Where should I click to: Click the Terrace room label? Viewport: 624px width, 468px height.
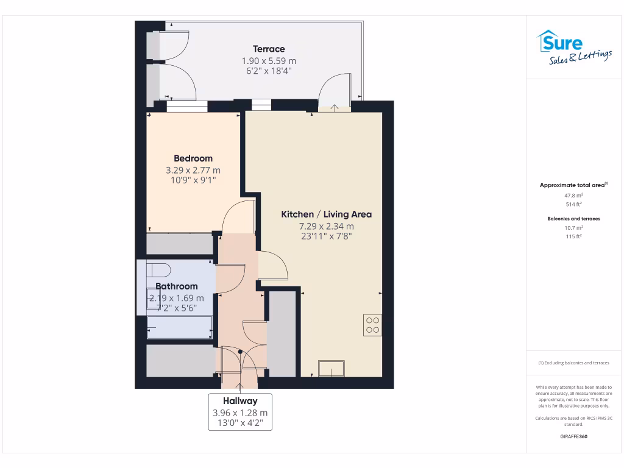point(269,49)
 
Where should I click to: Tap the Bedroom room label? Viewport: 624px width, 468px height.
point(193,158)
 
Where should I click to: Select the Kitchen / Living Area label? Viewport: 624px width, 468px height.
point(326,214)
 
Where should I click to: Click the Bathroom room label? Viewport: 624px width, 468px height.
point(177,286)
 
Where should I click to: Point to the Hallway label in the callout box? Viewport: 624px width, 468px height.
point(239,401)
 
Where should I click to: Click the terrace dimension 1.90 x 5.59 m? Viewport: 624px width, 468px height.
point(269,60)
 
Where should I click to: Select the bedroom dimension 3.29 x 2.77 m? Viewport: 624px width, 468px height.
point(193,170)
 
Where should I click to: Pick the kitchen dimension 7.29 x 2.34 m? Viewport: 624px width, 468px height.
point(326,226)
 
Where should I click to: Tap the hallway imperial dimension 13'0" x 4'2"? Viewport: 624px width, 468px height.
point(239,424)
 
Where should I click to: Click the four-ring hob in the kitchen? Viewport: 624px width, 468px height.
point(372,325)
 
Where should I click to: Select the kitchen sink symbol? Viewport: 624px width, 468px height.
point(331,369)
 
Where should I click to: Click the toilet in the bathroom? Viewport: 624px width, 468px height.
point(158,270)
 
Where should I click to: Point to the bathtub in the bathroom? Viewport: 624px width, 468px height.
point(180,327)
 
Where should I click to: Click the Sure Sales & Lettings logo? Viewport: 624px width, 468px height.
point(574,48)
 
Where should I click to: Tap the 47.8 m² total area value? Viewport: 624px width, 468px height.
point(573,196)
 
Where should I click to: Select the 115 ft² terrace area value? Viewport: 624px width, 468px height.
point(573,236)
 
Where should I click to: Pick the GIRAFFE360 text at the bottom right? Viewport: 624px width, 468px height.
point(573,436)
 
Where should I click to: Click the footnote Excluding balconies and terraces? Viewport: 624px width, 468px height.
point(573,363)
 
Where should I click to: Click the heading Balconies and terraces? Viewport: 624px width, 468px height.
point(573,218)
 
